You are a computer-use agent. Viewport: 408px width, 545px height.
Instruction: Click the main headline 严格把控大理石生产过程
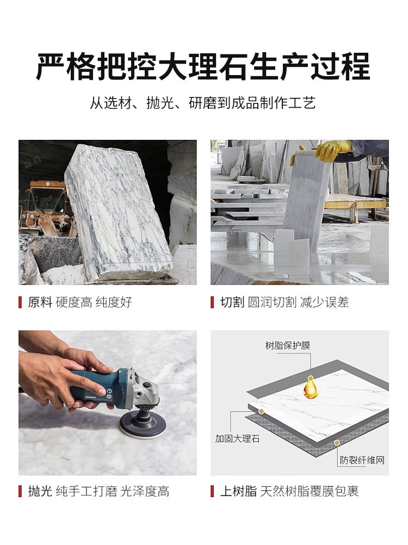coord(203,66)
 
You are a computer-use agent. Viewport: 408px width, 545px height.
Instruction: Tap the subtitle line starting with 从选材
coord(203,103)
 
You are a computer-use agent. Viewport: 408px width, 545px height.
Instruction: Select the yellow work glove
coord(332,151)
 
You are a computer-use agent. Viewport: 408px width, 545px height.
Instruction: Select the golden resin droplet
coord(310,388)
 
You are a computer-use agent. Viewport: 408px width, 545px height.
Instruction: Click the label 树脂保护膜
coord(287,346)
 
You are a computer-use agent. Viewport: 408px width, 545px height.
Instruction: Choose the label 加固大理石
coord(237,438)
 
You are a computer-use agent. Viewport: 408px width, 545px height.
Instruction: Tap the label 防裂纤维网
coord(362,461)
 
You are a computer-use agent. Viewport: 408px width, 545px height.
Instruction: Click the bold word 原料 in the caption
coord(40,302)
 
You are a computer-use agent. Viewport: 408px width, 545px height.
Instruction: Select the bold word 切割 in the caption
coord(232,302)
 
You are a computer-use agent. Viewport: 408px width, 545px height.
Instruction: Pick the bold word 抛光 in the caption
coord(40,492)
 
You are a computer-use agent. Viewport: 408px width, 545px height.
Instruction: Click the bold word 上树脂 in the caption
coord(238,492)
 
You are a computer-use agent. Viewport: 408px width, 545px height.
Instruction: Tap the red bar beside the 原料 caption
coord(21,302)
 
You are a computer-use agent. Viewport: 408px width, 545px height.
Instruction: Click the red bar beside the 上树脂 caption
coord(212,492)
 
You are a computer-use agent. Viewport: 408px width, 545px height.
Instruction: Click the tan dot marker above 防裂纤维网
coord(337,443)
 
